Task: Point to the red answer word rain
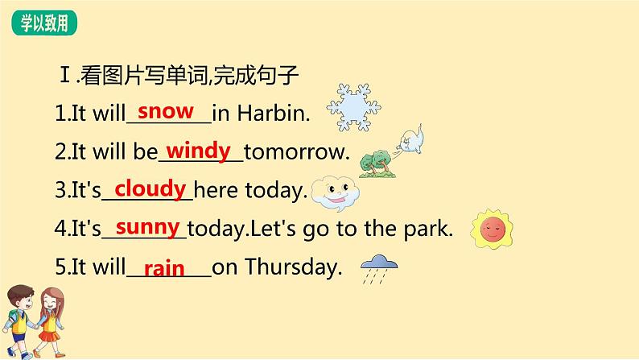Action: pos(164,267)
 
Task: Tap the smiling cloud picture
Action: pos(335,192)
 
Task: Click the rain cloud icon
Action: pos(378,267)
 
